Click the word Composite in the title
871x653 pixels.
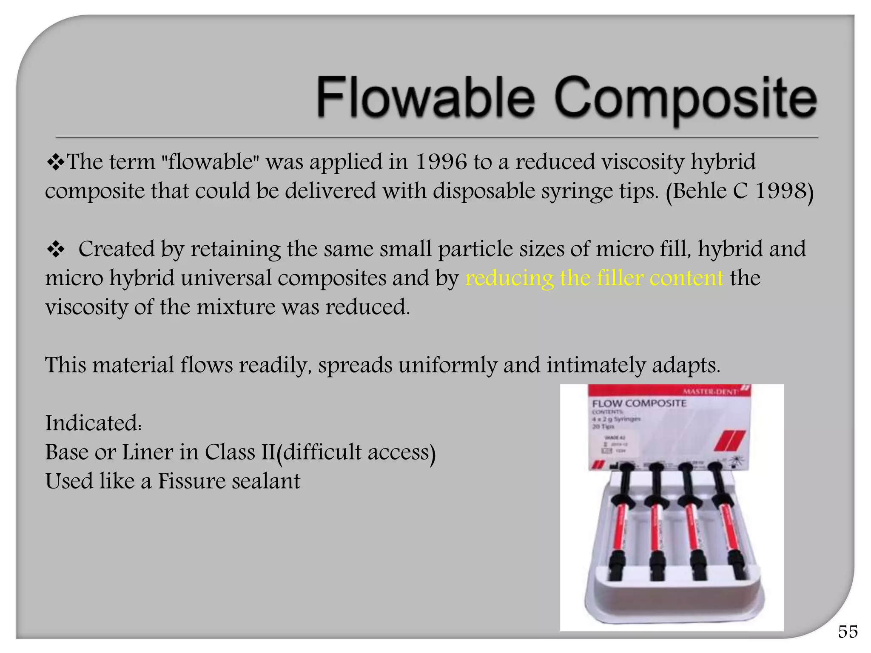coord(685,99)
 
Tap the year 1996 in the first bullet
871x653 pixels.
coord(441,162)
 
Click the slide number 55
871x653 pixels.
coord(848,632)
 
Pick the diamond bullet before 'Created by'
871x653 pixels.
coord(55,250)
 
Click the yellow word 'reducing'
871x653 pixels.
coord(509,279)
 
